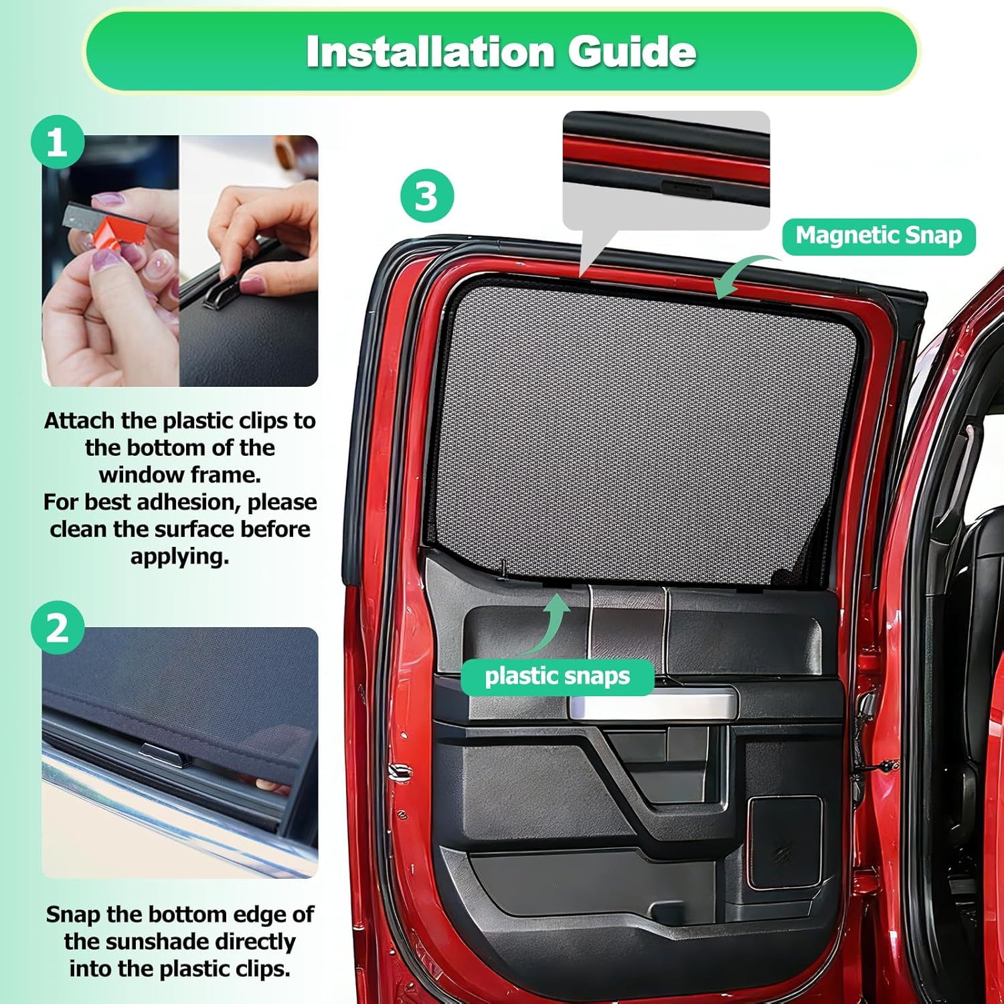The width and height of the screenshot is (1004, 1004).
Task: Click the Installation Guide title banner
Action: pos(501,51)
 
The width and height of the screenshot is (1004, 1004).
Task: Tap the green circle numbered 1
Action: pos(58,142)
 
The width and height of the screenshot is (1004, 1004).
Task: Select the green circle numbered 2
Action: pos(58,628)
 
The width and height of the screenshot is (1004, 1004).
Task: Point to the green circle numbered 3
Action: pos(427,196)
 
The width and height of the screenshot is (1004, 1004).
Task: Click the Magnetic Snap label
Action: pos(879,236)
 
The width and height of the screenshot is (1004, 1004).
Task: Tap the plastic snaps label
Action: pos(557,677)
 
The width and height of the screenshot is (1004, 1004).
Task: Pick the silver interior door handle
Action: pos(653,704)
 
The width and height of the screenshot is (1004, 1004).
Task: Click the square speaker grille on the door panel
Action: pos(784,842)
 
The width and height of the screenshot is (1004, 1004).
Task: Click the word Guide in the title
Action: pos(633,52)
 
